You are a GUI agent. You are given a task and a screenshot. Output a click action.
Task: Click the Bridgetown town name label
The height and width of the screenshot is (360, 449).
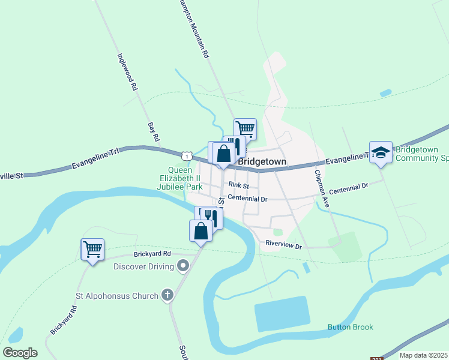click(262, 162)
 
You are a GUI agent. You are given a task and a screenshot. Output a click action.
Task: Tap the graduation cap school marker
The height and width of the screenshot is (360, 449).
click(381, 152)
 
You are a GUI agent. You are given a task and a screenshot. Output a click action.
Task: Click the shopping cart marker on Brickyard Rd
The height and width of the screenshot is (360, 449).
click(92, 249)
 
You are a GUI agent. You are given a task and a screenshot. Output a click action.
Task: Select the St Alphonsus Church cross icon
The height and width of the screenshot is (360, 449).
click(167, 295)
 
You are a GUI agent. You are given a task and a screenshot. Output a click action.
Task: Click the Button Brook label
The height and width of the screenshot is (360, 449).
click(350, 327)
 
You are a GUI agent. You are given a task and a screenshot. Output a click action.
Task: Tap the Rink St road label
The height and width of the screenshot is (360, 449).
click(238, 186)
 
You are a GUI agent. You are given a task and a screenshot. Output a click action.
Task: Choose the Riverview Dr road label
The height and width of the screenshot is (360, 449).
click(283, 244)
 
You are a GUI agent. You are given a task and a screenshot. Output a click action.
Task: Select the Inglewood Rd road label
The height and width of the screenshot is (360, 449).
click(128, 72)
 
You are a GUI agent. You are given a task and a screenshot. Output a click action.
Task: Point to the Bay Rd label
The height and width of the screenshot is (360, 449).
click(153, 133)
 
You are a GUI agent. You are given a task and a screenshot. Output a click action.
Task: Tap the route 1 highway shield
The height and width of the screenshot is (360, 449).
click(188, 156)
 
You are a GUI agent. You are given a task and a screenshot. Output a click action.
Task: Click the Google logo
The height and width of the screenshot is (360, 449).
click(20, 353)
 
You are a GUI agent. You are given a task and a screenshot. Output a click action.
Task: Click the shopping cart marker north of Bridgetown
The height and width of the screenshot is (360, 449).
click(245, 128)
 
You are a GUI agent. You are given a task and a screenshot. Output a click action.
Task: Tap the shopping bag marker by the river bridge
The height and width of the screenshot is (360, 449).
click(200, 231)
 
